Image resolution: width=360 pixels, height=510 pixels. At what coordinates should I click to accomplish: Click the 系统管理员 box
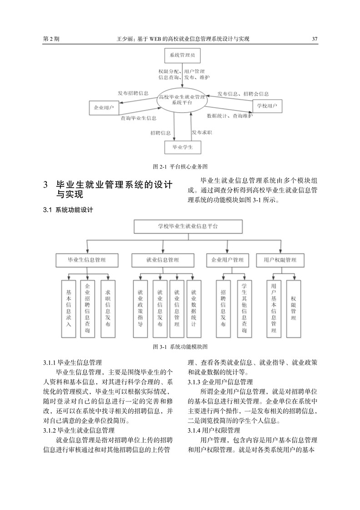coord(181,55)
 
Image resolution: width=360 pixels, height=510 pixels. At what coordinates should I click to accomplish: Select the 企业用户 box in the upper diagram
coord(104,108)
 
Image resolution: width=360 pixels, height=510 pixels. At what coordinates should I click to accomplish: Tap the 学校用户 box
coord(267,106)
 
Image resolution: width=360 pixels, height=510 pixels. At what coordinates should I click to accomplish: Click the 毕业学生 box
coord(183,147)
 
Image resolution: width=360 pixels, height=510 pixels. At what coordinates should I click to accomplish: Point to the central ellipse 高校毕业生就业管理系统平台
coord(182,100)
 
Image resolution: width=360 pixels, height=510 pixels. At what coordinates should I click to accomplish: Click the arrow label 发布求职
coord(202,132)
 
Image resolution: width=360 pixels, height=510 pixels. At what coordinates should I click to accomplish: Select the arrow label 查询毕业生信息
coord(139,118)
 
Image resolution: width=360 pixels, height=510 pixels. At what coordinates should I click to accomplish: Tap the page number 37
coord(315,39)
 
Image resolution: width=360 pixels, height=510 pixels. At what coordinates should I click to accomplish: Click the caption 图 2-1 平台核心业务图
coord(180,166)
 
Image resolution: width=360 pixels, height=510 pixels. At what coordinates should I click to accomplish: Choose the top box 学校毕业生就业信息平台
coord(188,226)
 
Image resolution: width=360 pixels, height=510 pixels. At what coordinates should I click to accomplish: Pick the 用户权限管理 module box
coord(280,260)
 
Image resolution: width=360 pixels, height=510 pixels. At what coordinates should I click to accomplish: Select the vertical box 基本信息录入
coord(69,309)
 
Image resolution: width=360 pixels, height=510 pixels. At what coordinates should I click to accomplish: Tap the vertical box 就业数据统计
coord(194,309)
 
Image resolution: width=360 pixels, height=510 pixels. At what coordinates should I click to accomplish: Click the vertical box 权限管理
coord(293,309)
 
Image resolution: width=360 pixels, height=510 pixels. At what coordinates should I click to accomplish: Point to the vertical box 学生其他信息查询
coord(244,309)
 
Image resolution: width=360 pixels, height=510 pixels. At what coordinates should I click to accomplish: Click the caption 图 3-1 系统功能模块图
coord(180,347)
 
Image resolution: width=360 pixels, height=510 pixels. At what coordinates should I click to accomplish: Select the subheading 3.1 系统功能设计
coord(68,210)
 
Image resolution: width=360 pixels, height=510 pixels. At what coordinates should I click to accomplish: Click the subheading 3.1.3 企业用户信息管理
coord(220,382)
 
